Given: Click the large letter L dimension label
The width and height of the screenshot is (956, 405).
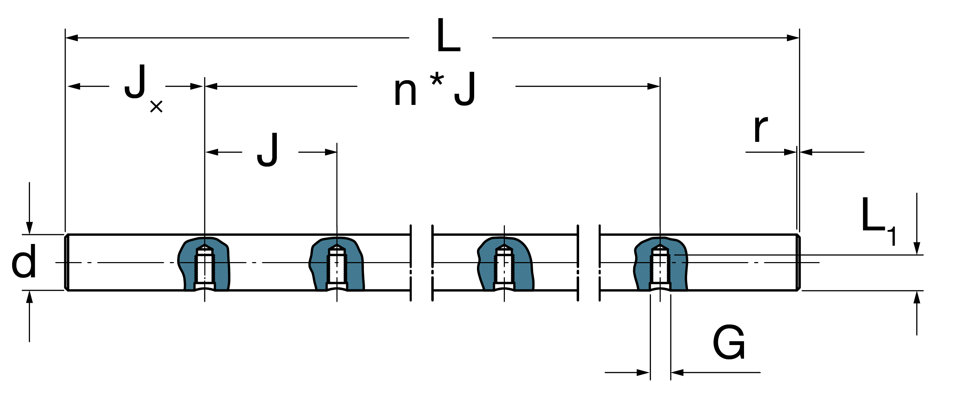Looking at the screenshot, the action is tap(449, 36).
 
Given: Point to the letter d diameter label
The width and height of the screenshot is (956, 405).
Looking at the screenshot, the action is tap(24, 261).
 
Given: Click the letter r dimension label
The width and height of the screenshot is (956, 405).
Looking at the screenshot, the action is tap(761, 129).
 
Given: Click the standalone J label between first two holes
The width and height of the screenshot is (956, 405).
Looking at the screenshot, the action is tap(267, 150).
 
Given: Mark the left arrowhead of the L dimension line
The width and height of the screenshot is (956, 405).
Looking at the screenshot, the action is tap(71, 38).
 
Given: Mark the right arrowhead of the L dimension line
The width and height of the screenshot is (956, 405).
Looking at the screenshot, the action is tap(793, 38).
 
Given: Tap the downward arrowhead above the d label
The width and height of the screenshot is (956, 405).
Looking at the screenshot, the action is tap(29, 228).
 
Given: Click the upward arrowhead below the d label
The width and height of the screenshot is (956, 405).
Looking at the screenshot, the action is tap(29, 297).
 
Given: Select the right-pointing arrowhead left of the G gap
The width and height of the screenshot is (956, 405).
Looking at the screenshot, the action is tap(644, 372).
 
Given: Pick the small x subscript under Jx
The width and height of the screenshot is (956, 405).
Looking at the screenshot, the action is tap(156, 107).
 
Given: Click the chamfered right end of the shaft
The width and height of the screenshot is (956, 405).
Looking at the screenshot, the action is tap(798, 262).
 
